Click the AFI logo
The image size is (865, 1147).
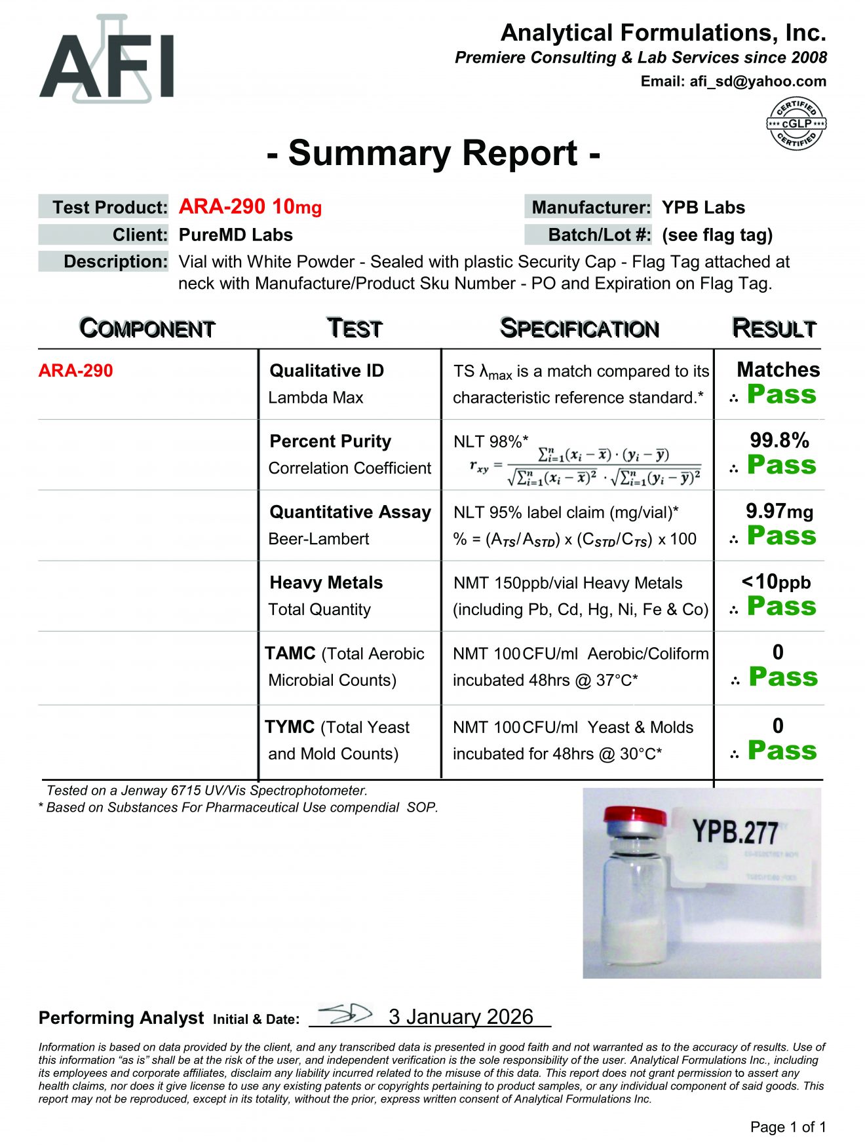107,61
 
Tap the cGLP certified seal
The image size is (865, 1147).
796,124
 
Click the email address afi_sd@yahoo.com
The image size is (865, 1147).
757,81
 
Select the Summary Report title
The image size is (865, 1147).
433,153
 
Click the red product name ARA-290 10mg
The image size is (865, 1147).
250,207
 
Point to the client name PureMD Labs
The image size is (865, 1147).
235,235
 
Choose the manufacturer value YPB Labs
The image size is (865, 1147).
703,208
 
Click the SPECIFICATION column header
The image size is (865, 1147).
579,328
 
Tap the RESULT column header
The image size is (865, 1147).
774,328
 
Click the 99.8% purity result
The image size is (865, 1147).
779,440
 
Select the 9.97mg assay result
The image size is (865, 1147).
779,511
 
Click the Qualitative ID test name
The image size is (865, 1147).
326,371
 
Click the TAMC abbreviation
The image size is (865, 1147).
290,653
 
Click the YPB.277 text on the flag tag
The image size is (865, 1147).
735,833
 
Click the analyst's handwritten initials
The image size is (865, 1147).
345,1014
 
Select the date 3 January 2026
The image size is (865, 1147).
461,1017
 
